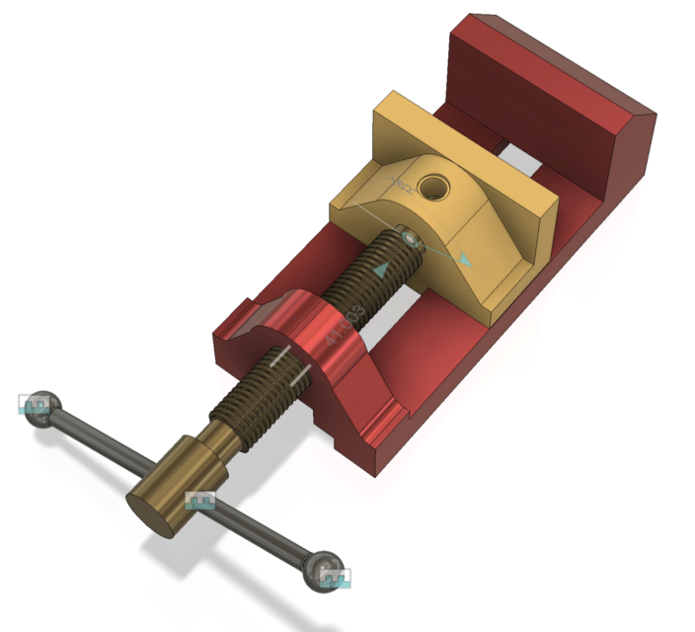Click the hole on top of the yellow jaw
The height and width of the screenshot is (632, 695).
[432, 185]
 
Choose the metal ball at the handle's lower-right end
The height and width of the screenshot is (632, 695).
[322, 570]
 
